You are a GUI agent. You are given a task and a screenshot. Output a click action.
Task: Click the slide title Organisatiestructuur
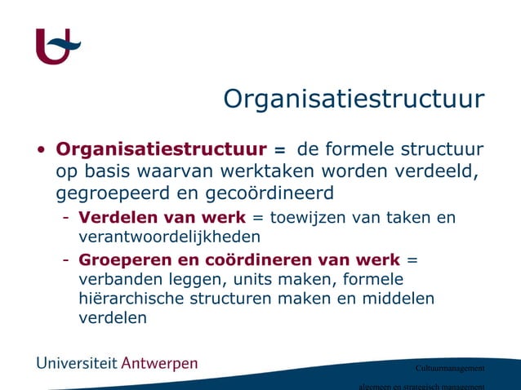(354, 100)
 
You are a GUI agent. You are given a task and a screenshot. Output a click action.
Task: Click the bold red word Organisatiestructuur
(160, 151)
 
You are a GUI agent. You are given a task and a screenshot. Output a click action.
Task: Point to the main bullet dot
(41, 151)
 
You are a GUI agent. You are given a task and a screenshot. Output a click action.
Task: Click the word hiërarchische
(131, 299)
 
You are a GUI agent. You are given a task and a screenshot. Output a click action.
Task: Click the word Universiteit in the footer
(76, 363)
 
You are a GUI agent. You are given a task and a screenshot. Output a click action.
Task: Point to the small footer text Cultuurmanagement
(450, 368)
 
